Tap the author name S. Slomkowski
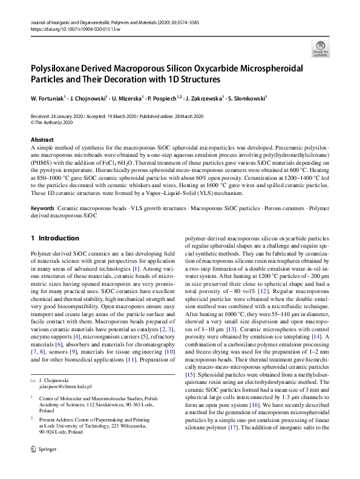point(248,97)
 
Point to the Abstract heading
point(41,139)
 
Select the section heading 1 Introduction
point(55,238)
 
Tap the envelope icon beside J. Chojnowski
point(33,379)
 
